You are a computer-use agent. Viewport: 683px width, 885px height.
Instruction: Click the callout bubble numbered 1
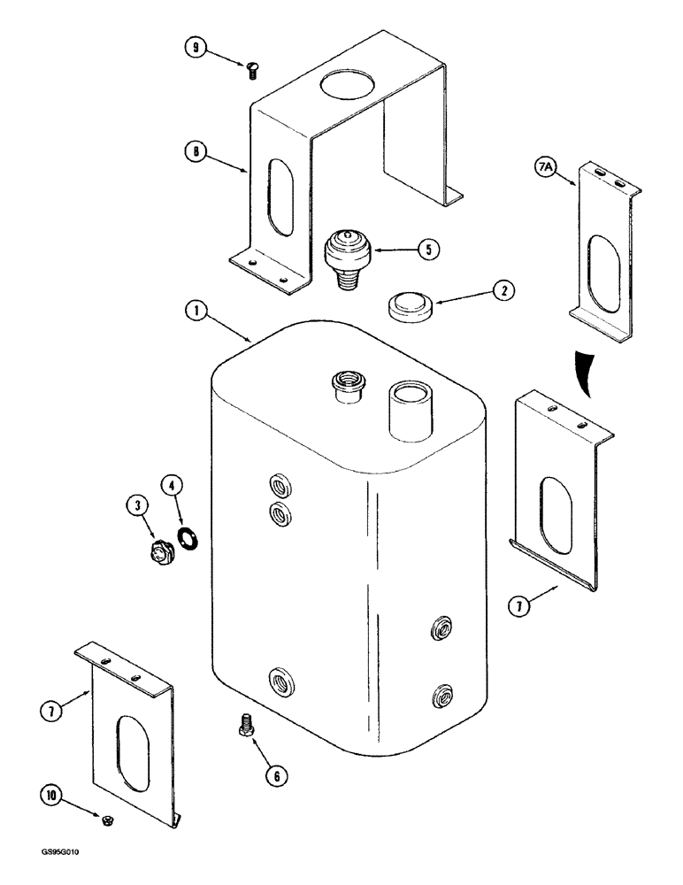(196, 312)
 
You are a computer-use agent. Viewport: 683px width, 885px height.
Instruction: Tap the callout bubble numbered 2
(503, 289)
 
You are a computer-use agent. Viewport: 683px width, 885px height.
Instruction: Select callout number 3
(136, 506)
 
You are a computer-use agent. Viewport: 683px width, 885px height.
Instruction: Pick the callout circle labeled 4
(173, 484)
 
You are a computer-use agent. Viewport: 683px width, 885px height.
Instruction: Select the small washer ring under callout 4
(188, 536)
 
